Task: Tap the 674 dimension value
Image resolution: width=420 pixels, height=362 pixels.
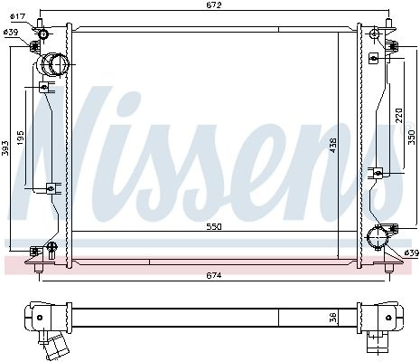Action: click(x=214, y=275)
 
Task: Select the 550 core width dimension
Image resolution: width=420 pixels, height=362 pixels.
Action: click(x=214, y=227)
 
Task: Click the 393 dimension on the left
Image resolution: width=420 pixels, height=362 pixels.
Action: click(x=5, y=148)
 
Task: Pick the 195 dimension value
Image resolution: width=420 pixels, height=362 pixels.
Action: click(x=21, y=138)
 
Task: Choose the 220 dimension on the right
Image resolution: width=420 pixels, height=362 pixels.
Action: click(x=398, y=116)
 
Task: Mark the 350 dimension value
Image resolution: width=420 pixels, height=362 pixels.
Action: click(x=412, y=138)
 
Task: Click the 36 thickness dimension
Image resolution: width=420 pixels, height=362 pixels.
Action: click(x=332, y=317)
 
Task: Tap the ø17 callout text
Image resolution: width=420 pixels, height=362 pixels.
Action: click(x=17, y=16)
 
